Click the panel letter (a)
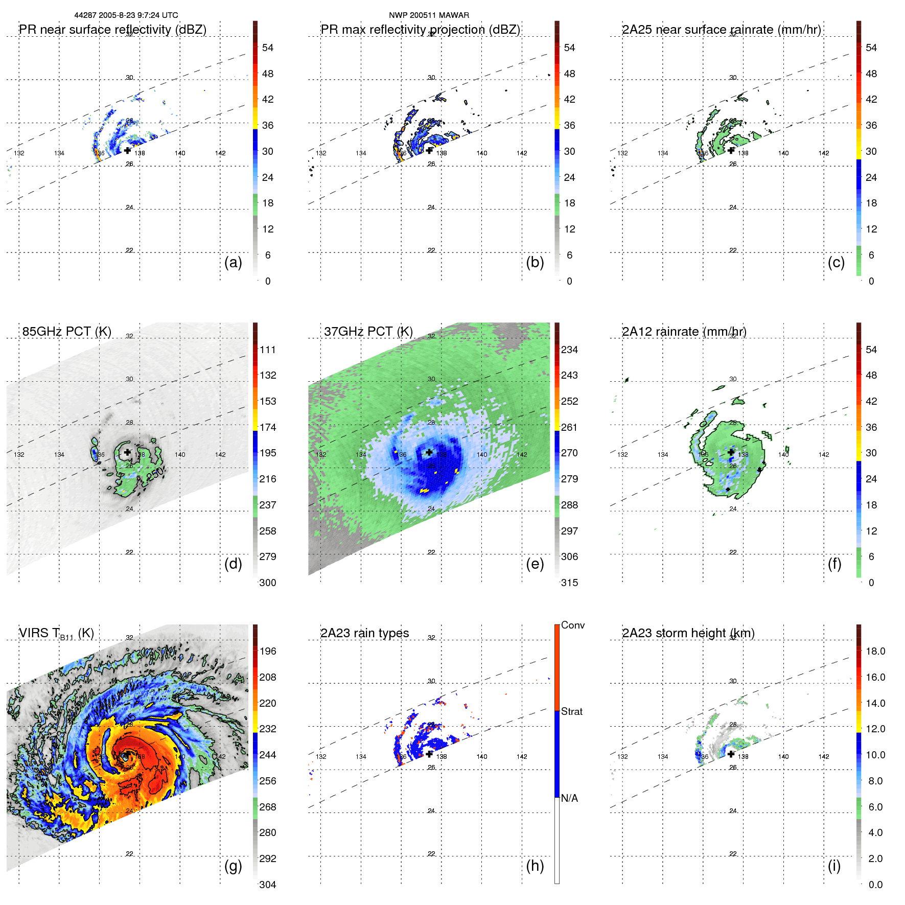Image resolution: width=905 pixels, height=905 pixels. click(233, 262)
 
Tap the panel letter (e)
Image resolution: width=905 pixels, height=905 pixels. click(535, 564)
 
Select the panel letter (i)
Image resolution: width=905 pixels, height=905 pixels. click(834, 866)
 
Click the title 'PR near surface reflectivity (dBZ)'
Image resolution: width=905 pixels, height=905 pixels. click(112, 30)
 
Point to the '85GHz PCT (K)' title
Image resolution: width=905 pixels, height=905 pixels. click(66, 331)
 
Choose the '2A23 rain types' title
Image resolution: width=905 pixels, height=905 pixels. click(364, 633)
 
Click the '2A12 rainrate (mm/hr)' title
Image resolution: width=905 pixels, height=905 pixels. click(684, 331)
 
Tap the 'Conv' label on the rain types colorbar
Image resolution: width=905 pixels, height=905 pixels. click(572, 625)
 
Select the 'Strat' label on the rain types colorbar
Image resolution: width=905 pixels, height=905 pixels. click(571, 711)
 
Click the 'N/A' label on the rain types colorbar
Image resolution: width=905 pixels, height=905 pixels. click(569, 798)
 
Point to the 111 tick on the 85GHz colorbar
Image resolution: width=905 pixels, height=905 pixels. click(268, 350)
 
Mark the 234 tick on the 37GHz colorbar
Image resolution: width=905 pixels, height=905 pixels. click(569, 350)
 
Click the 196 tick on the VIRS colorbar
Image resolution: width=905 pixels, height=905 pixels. click(268, 651)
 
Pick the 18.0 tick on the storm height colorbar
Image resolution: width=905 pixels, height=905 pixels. click(875, 651)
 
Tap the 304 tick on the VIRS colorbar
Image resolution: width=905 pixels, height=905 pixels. click(268, 885)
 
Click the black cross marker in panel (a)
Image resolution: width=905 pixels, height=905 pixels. click(127, 150)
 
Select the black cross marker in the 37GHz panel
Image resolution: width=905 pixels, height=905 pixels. click(429, 452)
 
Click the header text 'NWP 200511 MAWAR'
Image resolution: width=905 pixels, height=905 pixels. click(429, 15)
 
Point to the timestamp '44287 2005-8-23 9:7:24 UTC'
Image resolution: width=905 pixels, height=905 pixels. click(126, 15)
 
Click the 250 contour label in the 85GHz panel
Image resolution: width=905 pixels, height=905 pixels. click(155, 474)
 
